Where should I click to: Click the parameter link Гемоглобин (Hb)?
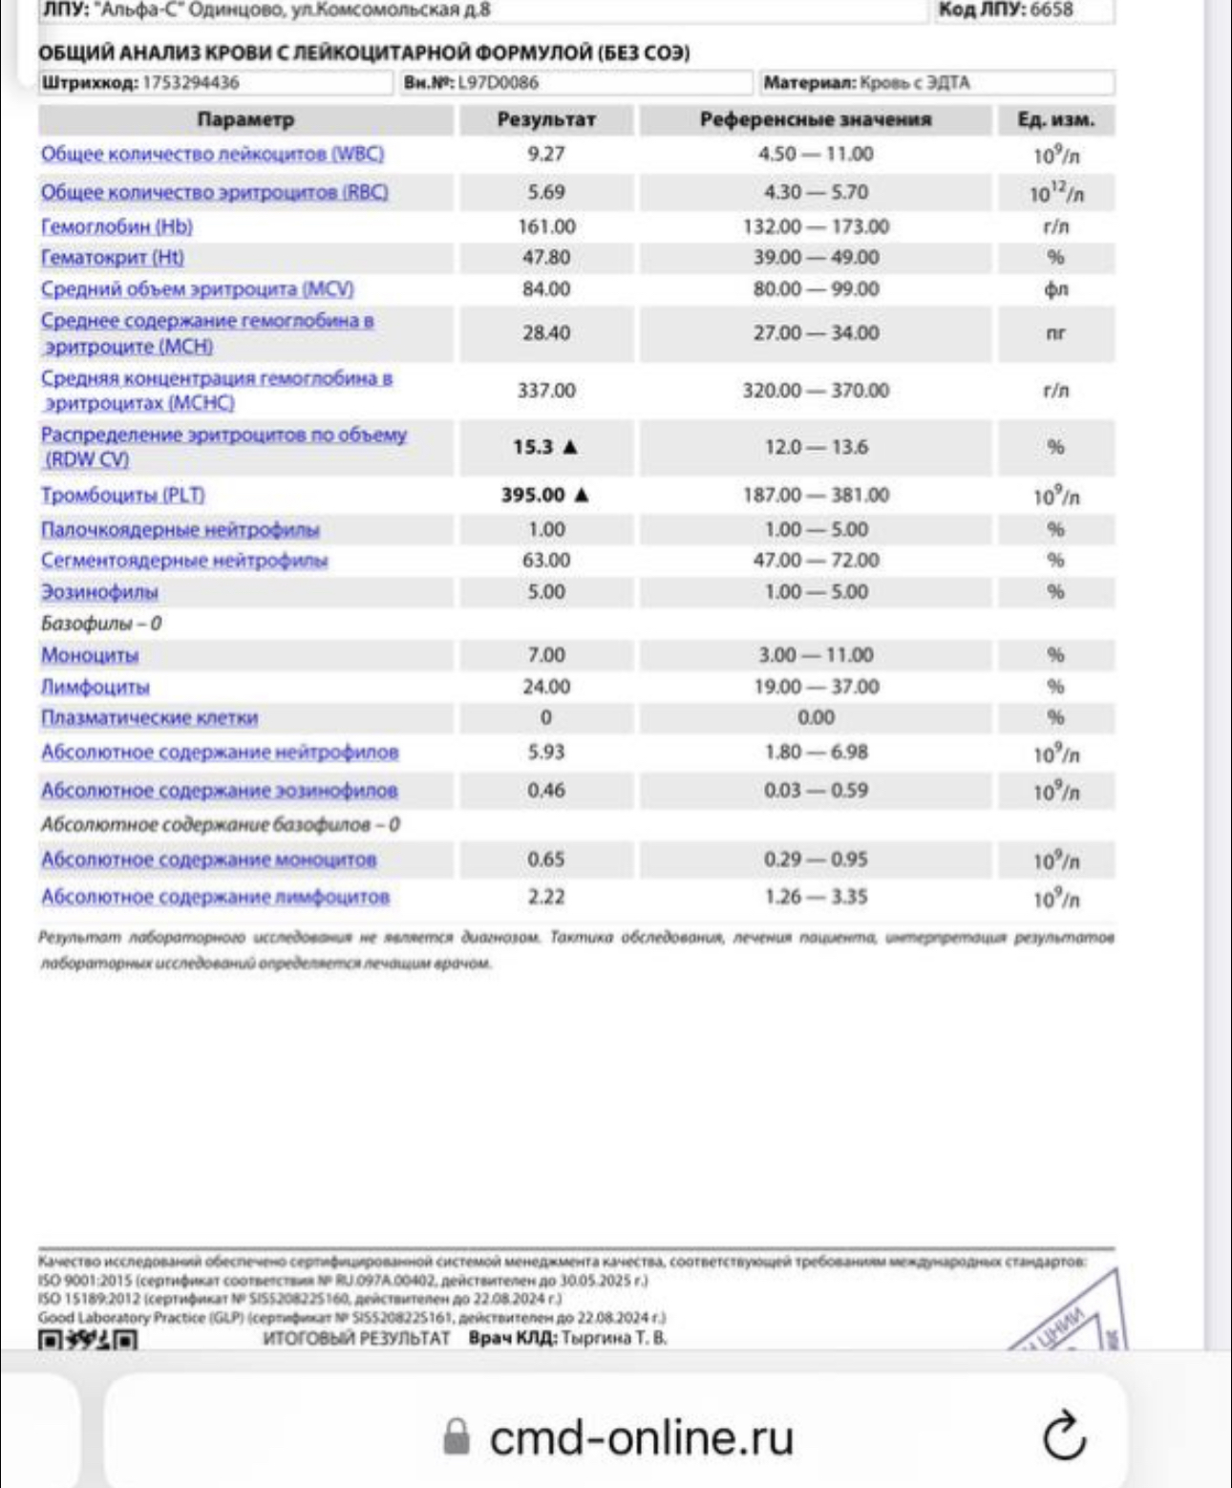(x=117, y=227)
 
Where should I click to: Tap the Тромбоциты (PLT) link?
(x=122, y=496)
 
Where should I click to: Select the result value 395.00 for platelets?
(x=533, y=495)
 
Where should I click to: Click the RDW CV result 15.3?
(x=533, y=447)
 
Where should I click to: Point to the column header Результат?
(x=546, y=120)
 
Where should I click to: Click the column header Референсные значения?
(x=816, y=120)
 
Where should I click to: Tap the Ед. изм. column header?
(x=1055, y=120)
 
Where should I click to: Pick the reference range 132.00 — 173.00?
(x=816, y=227)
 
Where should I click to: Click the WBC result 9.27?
(x=546, y=154)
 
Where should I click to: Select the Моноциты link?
(x=90, y=656)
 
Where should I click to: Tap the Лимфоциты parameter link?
(x=96, y=688)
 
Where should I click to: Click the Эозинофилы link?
(x=99, y=593)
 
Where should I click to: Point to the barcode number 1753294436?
(x=191, y=83)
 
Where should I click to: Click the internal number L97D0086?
(x=498, y=83)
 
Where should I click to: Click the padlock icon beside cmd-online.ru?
(x=457, y=1436)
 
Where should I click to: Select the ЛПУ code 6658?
(x=1051, y=11)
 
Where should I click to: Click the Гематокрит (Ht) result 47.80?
(x=546, y=258)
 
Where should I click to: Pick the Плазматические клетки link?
(x=149, y=718)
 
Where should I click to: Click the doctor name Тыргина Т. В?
(x=614, y=1338)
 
